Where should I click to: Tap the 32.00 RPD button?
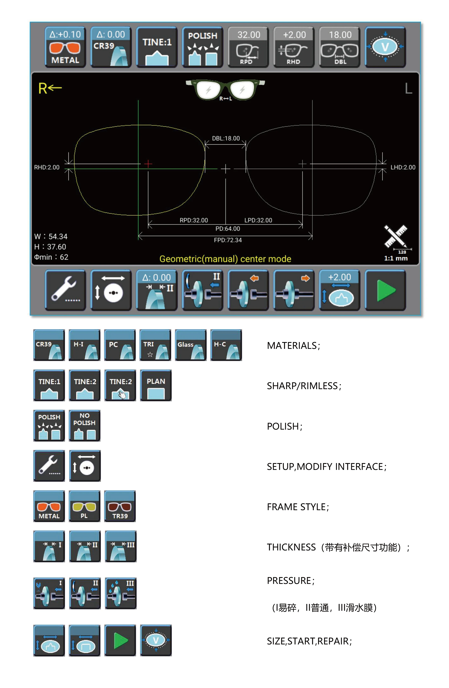(248, 47)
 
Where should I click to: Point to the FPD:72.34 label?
(227, 240)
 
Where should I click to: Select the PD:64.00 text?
(227, 229)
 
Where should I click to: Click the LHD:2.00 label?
(403, 167)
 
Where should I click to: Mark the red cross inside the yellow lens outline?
(148, 164)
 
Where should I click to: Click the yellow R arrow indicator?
(50, 88)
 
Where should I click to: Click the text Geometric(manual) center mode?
(225, 259)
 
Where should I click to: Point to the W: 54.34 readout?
(51, 236)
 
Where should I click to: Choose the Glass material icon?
(191, 345)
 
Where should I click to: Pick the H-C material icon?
(226, 345)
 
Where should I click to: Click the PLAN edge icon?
(156, 385)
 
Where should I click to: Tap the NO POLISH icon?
(84, 425)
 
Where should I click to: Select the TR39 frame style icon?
(120, 506)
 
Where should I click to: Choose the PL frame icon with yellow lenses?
(84, 506)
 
